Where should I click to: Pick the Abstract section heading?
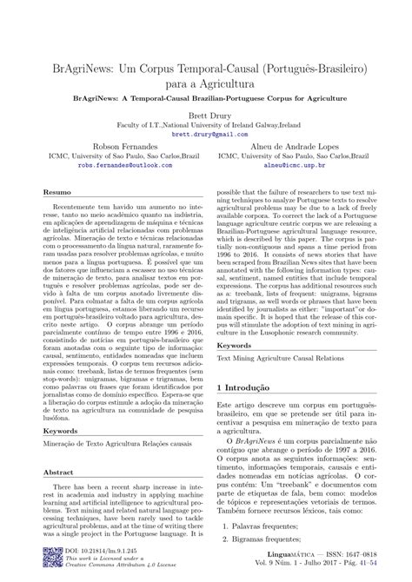point(58,473)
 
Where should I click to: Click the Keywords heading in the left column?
point(61,430)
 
